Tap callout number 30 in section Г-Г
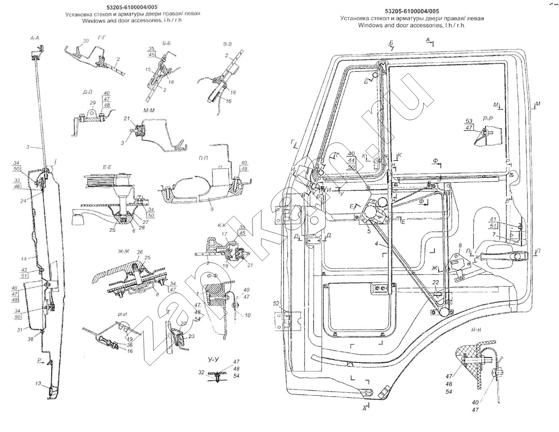click(86, 41)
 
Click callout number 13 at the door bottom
click(38, 384)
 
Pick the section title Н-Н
click(476, 330)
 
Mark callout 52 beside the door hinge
click(276, 303)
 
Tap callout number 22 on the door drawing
click(436, 282)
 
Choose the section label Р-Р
click(488, 119)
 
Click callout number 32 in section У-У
click(202, 372)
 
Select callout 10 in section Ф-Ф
click(248, 315)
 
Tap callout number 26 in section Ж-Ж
click(140, 252)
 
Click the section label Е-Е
click(107, 167)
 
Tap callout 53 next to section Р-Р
click(469, 121)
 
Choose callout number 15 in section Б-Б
click(148, 69)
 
